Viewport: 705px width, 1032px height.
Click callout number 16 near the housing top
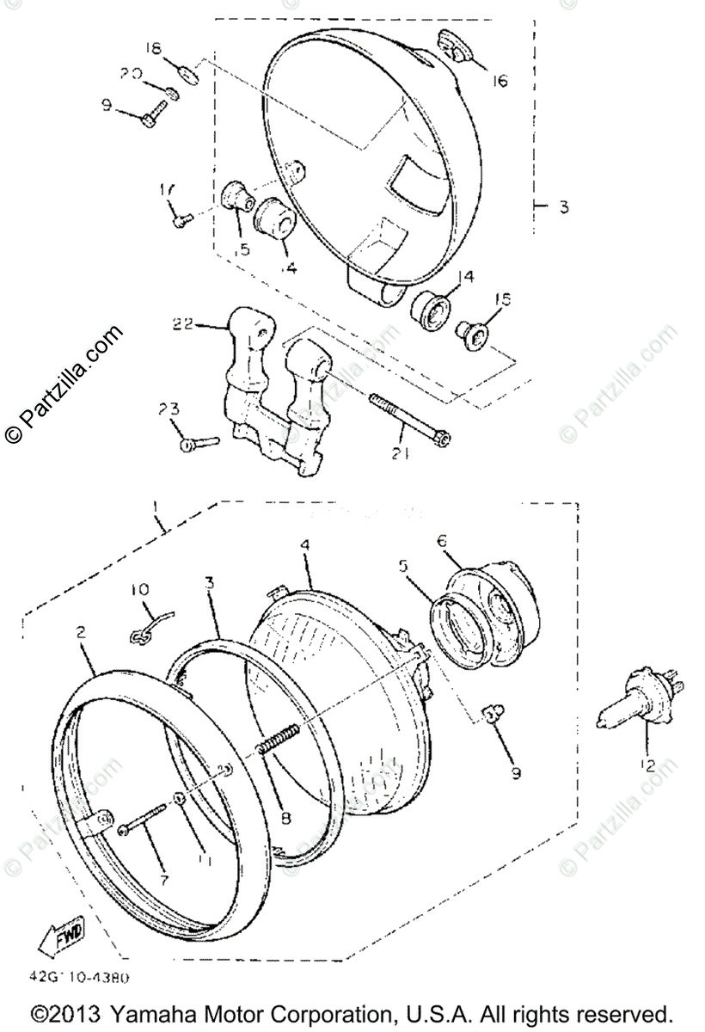500,81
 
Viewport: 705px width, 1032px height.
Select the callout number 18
153,49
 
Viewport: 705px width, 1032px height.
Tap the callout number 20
130,75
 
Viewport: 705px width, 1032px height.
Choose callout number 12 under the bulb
646,764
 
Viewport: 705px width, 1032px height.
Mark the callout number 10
140,590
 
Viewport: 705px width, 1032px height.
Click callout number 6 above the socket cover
441,541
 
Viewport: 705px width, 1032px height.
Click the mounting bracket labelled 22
267,396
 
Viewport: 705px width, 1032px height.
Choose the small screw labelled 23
199,443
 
